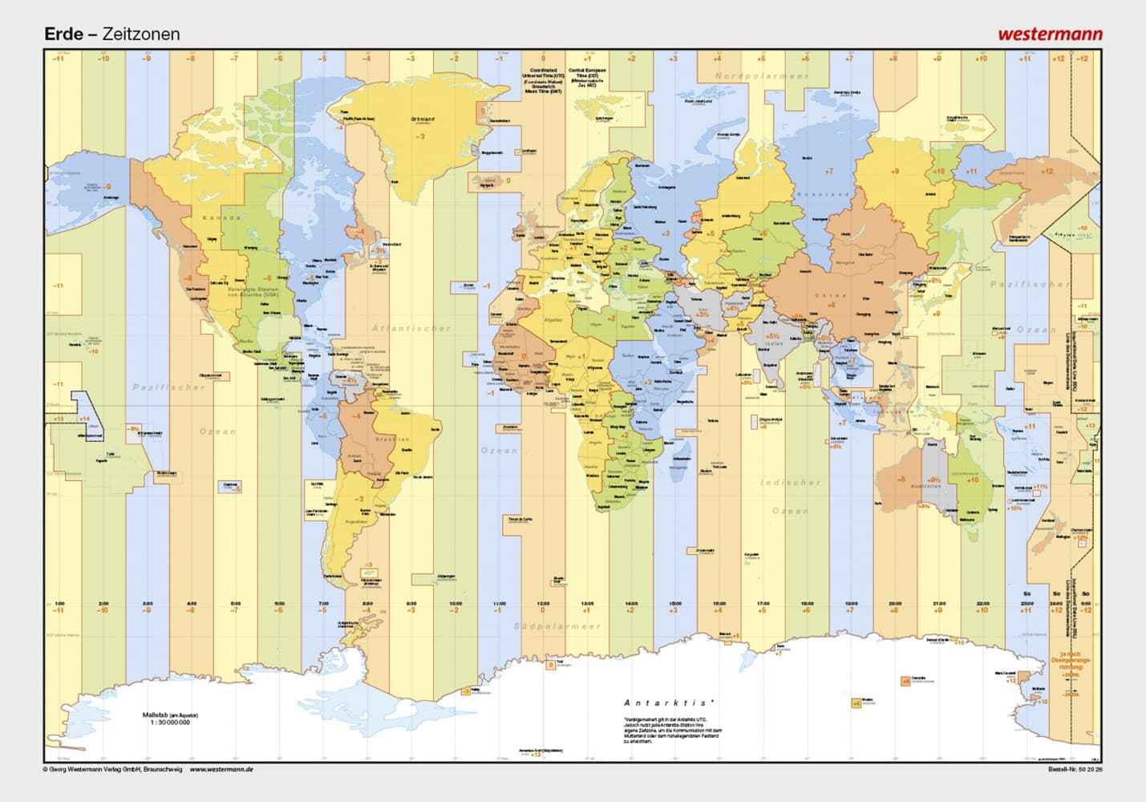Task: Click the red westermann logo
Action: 1050,34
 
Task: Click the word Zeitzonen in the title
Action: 141,34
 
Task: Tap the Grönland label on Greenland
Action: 423,119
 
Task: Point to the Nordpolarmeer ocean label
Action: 762,76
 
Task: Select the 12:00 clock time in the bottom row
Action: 543,603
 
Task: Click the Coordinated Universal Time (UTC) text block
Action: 543,81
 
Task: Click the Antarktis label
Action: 669,703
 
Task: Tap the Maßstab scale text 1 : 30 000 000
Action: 170,722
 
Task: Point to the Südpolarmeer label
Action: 557,626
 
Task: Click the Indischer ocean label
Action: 791,483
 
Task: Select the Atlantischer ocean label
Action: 411,328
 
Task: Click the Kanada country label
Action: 221,217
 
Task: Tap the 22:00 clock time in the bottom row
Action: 982,603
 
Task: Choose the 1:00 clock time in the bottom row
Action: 59,603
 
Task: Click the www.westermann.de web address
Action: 221,769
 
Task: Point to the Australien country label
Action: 925,487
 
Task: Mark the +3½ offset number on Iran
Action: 702,314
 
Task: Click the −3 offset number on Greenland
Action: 420,136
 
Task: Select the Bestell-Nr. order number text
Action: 1075,769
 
